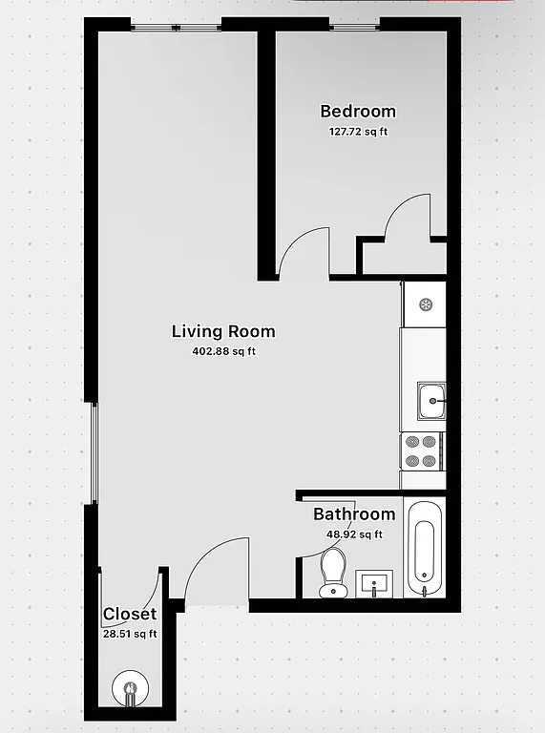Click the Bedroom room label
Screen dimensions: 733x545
coord(358,112)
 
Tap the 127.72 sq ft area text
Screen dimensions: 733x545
coord(358,133)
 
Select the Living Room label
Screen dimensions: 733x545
coord(223,332)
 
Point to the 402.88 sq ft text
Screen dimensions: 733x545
coord(223,351)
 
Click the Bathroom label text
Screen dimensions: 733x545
coord(354,514)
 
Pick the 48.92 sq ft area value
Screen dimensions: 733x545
coord(354,534)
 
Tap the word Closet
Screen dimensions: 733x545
coord(129,614)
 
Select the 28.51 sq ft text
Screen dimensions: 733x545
coord(129,633)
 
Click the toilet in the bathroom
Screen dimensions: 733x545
coord(333,571)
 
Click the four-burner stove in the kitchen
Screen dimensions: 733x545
coord(421,450)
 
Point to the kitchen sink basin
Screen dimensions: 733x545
coord(431,401)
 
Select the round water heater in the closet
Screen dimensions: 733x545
coord(128,688)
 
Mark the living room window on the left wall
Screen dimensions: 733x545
coord(94,452)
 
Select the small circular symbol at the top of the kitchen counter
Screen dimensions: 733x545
coord(426,304)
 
